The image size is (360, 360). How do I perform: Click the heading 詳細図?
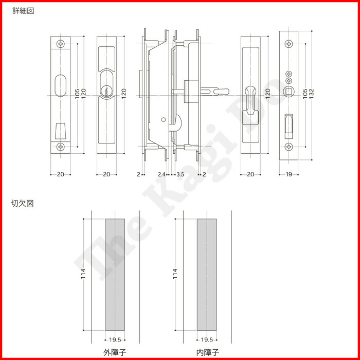(x=23, y=11)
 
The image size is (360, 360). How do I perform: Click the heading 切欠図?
(x=23, y=204)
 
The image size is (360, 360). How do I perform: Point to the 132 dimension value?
(x=313, y=92)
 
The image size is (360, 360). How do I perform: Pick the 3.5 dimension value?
(x=180, y=175)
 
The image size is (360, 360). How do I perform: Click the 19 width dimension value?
(x=289, y=175)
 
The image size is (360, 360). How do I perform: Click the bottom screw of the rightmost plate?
(x=289, y=147)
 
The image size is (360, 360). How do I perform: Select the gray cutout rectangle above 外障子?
(x=114, y=274)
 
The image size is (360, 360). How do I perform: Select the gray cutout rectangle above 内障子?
(x=207, y=274)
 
